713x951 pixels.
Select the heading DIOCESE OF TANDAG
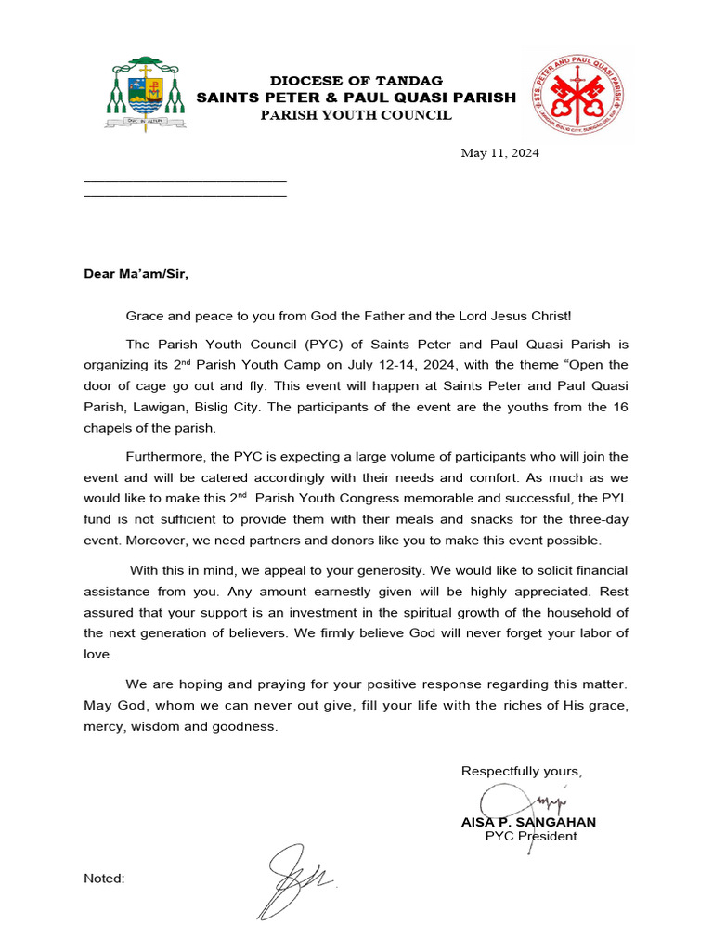pyautogui.click(x=356, y=81)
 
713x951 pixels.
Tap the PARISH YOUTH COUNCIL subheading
pyautogui.click(x=356, y=115)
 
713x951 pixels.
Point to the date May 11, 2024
pyautogui.click(x=499, y=153)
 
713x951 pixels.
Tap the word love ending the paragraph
pyautogui.click(x=97, y=654)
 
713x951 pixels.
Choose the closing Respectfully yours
pyautogui.click(x=521, y=772)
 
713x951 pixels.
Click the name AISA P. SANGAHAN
pyautogui.click(x=528, y=822)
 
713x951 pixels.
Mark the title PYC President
pyautogui.click(x=531, y=836)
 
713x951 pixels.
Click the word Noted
pyautogui.click(x=104, y=879)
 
